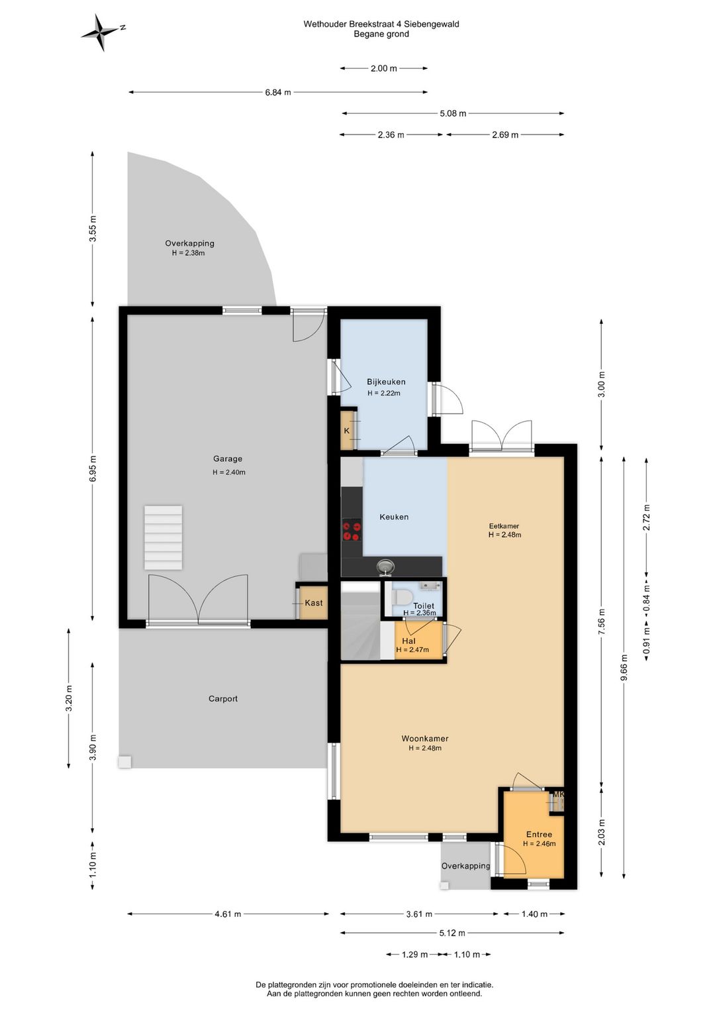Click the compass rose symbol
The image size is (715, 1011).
pos(103,32)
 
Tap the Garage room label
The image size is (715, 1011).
pos(228,458)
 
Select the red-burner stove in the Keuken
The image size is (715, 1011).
pos(352,531)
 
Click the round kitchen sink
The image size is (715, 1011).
pos(385,566)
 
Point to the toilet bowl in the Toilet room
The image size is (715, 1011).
pos(403,598)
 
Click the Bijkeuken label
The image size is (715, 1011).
pos(386,382)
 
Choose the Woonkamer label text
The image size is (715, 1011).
pos(425,739)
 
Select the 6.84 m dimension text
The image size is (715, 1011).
pos(278,93)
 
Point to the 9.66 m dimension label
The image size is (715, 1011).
pos(624,666)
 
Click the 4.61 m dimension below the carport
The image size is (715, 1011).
pos(228,914)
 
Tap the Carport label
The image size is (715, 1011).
pos(223,699)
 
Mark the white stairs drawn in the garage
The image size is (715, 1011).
pos(164,537)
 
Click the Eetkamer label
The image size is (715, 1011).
pos(504,526)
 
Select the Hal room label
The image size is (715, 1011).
pos(408,641)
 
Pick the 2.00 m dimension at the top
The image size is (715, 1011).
pos(383,69)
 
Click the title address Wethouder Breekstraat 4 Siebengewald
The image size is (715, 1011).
pos(381,25)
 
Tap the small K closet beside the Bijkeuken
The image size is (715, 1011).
pos(347,430)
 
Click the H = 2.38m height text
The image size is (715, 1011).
pos(188,253)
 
